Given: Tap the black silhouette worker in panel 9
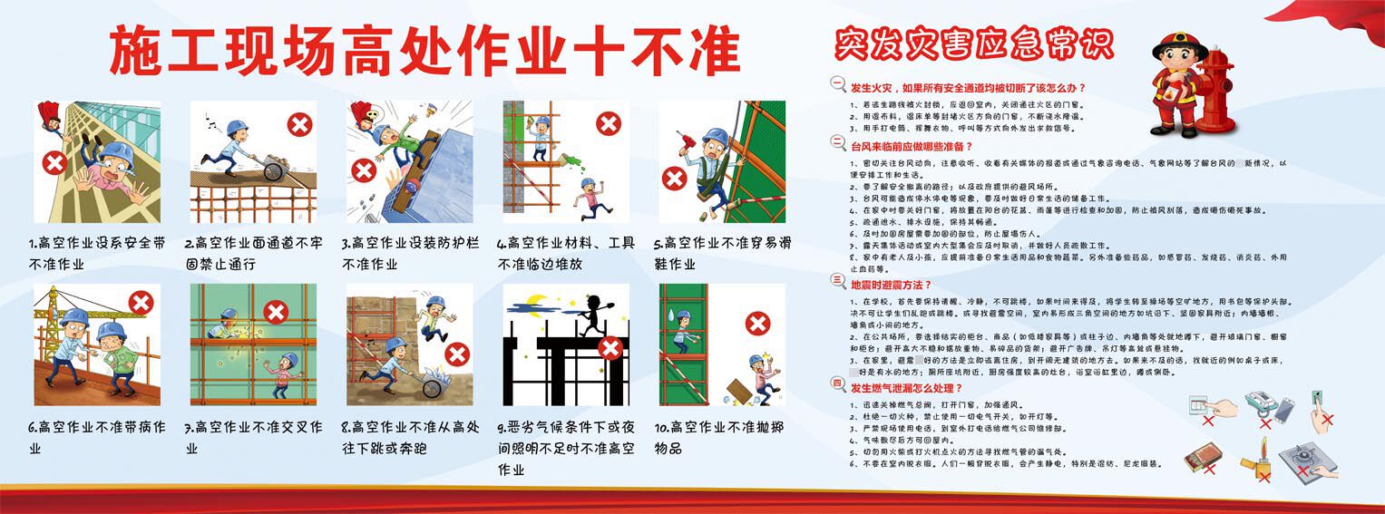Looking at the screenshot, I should pyautogui.click(x=593, y=314).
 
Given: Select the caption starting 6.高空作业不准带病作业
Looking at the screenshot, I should pyautogui.click(x=96, y=436).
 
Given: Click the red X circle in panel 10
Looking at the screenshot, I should pyautogui.click(x=757, y=324).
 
